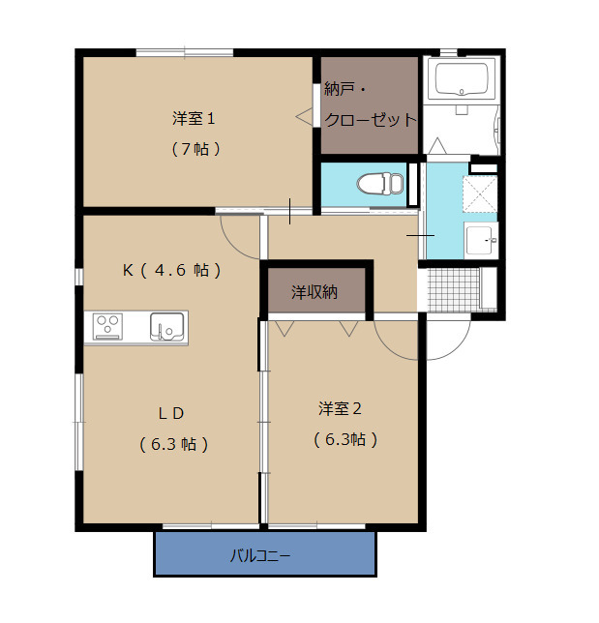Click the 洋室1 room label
click(193, 119)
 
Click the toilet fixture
click(379, 182)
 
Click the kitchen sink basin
click(167, 327)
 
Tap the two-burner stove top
click(107, 327)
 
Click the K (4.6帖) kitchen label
click(171, 270)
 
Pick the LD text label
click(171, 413)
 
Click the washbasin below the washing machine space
click(480, 239)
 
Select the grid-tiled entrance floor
click(453, 288)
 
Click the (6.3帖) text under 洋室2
click(344, 438)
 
